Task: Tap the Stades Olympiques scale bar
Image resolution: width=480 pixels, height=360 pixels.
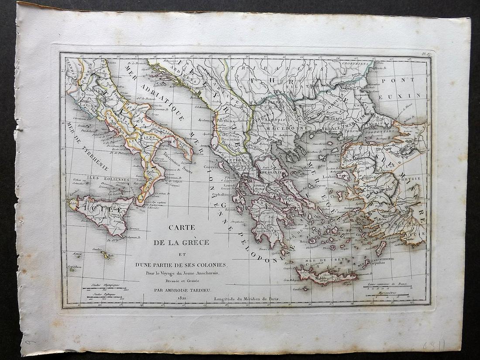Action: (104, 288)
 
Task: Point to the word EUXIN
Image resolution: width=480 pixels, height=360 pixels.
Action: (406, 95)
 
